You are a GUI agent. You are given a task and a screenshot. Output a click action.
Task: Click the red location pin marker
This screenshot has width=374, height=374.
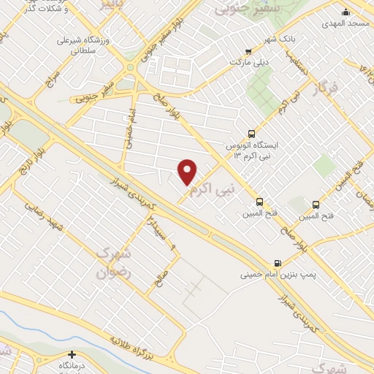tap(188, 171)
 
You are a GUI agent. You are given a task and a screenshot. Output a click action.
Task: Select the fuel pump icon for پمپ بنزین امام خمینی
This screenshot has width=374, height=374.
tap(277, 263)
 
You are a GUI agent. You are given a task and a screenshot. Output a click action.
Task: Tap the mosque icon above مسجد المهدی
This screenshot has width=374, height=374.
tap(346, 12)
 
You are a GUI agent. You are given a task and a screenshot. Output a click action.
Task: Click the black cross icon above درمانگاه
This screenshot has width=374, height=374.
tap(72, 355)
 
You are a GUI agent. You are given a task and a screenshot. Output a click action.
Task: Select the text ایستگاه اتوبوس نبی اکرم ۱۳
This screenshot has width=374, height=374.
tap(270, 150)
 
